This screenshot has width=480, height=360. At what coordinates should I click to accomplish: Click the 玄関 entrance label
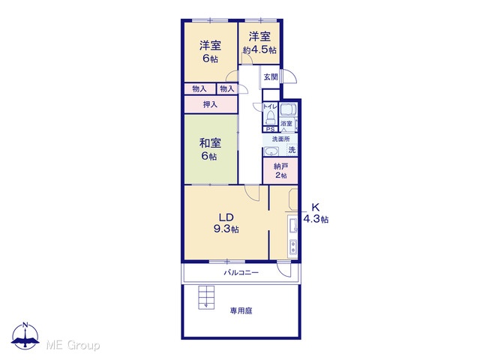click(x=271, y=77)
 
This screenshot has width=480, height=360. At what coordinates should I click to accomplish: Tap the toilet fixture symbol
click(x=271, y=117)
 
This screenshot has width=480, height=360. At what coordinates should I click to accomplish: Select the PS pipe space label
click(x=270, y=130)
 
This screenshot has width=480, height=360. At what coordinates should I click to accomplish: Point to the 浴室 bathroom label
click(x=286, y=124)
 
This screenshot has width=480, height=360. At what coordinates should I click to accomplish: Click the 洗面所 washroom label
click(x=281, y=139)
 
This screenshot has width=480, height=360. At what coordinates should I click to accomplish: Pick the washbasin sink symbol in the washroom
click(x=271, y=151)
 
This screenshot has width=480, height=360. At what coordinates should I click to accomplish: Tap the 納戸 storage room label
click(x=280, y=166)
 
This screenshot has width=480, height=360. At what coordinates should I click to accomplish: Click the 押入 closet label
click(x=210, y=105)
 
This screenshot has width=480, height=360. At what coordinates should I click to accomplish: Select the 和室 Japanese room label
click(x=210, y=143)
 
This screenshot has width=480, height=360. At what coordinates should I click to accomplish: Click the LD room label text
click(x=226, y=217)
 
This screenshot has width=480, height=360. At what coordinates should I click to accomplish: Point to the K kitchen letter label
click(x=315, y=207)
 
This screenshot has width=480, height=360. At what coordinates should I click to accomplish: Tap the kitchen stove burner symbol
click(x=293, y=247)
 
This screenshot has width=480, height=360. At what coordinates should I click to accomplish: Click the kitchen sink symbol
click(x=292, y=226)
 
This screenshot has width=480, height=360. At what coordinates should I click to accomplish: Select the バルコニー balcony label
click(x=241, y=272)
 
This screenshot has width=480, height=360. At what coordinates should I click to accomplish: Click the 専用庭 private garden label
click(x=241, y=311)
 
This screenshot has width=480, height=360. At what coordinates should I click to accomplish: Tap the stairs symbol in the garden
click(x=207, y=297)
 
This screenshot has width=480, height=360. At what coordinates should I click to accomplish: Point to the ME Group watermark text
click(x=73, y=345)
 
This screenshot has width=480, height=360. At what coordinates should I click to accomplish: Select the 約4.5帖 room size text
click(x=259, y=50)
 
